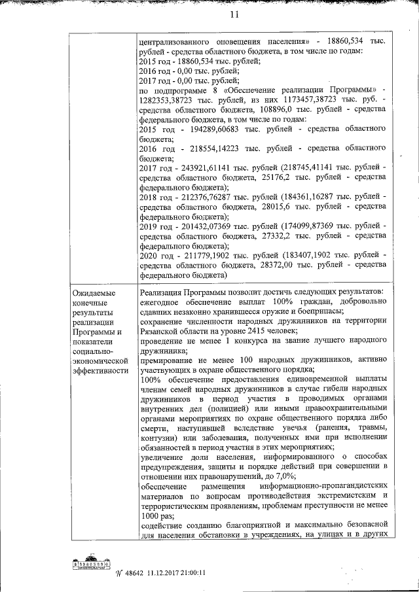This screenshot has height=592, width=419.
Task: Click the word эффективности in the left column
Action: [100, 370]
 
